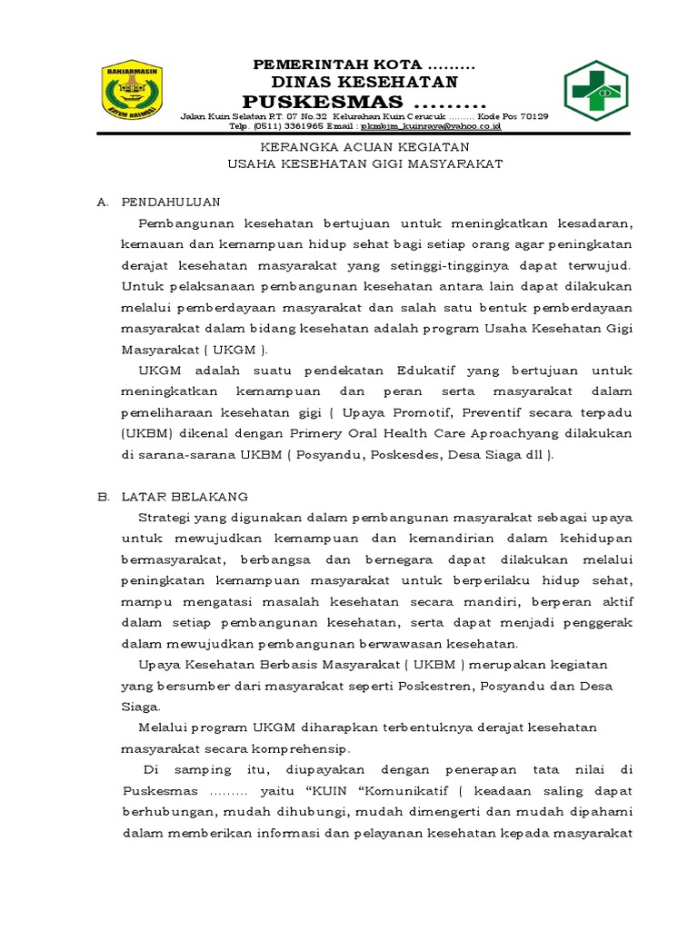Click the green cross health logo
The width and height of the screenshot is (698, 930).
tap(595, 90)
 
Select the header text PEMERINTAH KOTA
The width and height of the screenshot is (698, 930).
tap(336, 64)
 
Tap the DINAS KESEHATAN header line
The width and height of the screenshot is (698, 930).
tap(364, 82)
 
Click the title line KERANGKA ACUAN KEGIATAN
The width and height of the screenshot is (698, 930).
tap(364, 147)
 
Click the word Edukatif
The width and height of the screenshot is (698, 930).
tap(428, 371)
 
